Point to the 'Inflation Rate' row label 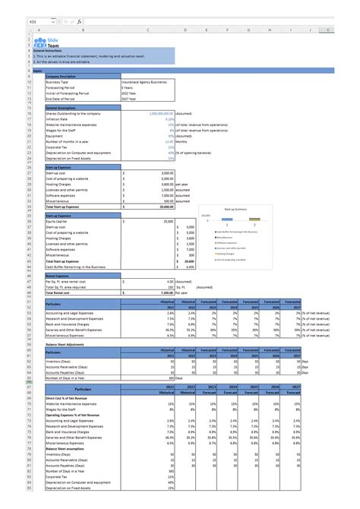pos(58,119)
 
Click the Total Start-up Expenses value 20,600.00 pos(163,205)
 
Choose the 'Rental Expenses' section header pos(60,275)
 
